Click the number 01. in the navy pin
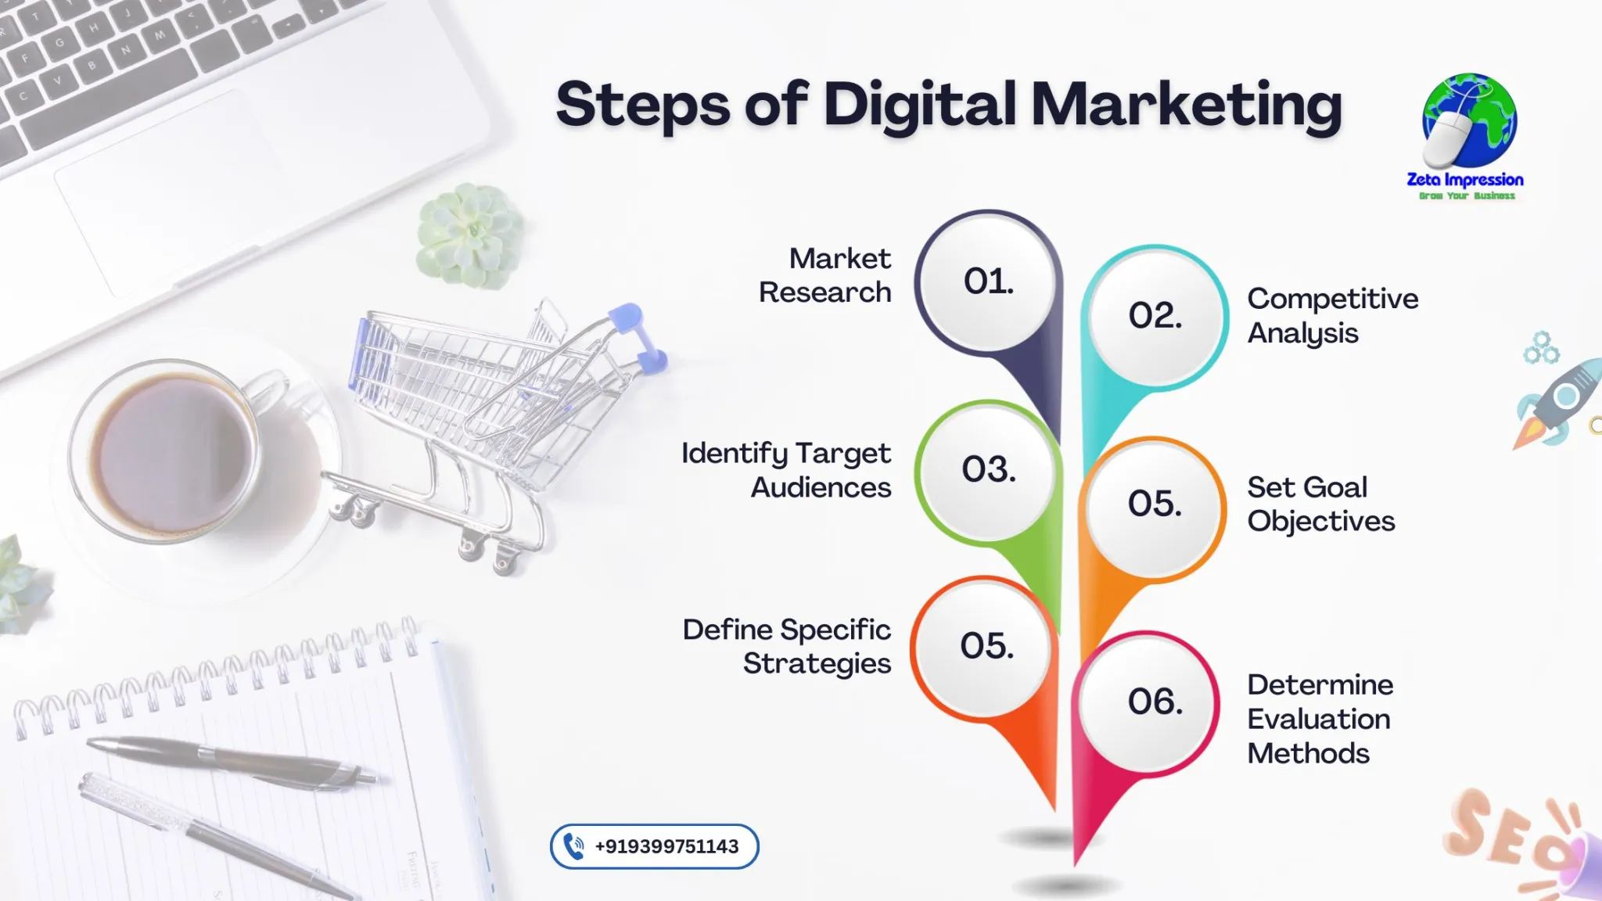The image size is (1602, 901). tap(989, 281)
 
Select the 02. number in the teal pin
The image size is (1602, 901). tap(1155, 315)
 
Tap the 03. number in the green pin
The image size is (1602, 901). tap(989, 469)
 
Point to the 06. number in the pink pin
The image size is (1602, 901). tap(1155, 702)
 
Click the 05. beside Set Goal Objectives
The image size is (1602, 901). tap(1155, 503)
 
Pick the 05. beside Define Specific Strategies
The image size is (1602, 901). tap(987, 646)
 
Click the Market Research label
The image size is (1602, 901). tap(824, 275)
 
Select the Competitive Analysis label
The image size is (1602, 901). tap(1333, 315)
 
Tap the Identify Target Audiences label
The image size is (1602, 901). tap(786, 469)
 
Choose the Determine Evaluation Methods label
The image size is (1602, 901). tap(1320, 719)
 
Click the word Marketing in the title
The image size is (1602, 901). tap(1187, 106)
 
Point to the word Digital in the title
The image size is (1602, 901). tap(920, 106)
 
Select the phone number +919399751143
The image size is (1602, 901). tap(666, 846)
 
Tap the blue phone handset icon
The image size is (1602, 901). tap(574, 846)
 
